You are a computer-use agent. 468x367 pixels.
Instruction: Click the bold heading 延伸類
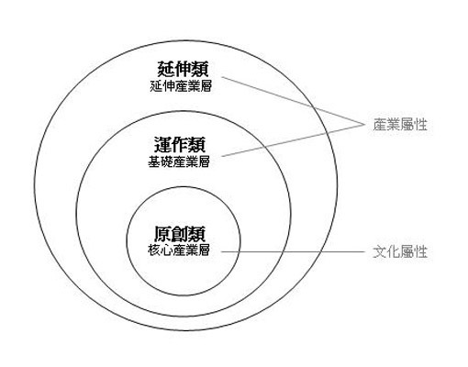183,69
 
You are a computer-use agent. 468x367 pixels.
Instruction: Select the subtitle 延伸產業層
181,86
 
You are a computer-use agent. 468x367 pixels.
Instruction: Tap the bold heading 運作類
180,145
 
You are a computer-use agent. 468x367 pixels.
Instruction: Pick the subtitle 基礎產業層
179,161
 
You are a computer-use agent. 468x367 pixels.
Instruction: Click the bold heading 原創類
180,234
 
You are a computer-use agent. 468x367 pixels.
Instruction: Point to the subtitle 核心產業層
179,250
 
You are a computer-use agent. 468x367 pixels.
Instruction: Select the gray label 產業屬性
400,125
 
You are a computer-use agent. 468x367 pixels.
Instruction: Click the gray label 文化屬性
400,252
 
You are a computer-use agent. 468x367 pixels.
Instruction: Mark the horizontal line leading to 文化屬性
293,252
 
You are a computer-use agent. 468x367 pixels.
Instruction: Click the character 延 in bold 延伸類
166,69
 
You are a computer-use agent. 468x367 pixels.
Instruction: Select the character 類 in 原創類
197,234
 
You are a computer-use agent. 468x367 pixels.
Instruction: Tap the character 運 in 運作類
162,145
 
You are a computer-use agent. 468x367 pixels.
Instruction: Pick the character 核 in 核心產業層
154,250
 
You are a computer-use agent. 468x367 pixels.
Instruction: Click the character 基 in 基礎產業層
154,161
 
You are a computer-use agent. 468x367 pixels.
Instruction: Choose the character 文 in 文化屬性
380,252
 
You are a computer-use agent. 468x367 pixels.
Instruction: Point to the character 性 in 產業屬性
420,125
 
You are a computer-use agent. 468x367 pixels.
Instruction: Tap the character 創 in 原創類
180,234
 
